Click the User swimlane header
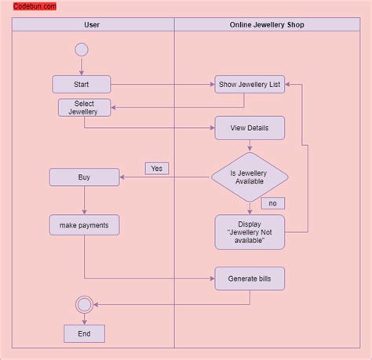(x=92, y=25)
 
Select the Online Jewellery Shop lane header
(x=267, y=25)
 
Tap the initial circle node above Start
(x=81, y=49)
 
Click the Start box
(x=82, y=84)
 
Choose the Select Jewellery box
(x=84, y=107)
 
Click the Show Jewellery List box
(x=250, y=85)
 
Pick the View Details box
(x=250, y=127)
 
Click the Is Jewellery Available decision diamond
(x=250, y=177)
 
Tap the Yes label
(x=156, y=168)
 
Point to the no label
(x=272, y=203)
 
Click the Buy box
(x=84, y=177)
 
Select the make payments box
(x=84, y=226)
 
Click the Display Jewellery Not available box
(x=250, y=232)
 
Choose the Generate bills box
(x=250, y=278)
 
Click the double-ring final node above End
(x=84, y=304)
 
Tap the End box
(x=84, y=333)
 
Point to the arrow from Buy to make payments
(x=84, y=200)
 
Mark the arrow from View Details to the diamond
(x=250, y=146)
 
